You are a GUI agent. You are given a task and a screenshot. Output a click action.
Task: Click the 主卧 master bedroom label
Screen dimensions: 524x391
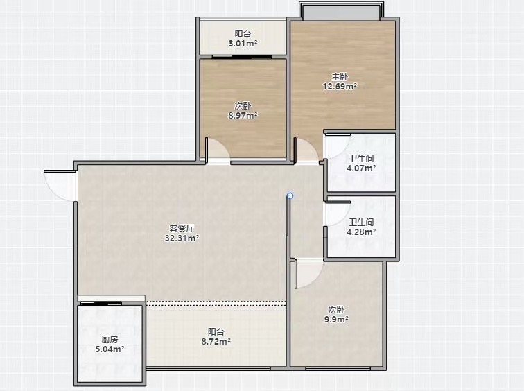point(340,76)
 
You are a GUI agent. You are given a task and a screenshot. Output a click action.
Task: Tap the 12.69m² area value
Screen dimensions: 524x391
point(340,86)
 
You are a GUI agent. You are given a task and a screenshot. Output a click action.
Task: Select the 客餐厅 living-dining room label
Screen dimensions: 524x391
point(182,229)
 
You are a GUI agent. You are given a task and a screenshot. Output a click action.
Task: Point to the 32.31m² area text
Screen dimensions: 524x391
point(182,238)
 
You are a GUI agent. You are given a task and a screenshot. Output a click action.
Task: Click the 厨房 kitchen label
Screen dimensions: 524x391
point(110,340)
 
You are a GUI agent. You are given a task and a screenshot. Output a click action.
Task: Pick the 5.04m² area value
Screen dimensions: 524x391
point(110,349)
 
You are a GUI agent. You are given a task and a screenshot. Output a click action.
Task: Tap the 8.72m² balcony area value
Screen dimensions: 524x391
point(216,342)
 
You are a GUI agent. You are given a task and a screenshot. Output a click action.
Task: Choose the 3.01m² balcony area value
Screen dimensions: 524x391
point(243,44)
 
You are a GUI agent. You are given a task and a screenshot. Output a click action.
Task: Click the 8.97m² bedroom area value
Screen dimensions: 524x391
point(243,116)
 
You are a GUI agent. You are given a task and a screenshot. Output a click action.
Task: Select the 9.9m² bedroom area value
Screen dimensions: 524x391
point(336,319)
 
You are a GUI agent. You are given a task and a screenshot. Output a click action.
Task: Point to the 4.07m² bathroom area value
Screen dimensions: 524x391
point(361,168)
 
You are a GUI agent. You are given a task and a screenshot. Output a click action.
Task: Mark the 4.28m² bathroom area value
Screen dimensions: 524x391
point(361,232)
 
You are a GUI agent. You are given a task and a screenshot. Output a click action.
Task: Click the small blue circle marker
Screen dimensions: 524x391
point(290,195)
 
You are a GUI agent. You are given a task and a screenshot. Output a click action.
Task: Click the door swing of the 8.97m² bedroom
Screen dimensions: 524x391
point(218,150)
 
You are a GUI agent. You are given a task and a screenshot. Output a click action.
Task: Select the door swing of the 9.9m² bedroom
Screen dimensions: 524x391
point(309,275)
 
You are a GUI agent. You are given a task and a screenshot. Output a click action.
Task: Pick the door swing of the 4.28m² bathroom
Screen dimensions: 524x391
point(338,214)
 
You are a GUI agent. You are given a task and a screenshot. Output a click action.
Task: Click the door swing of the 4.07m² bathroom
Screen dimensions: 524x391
point(338,146)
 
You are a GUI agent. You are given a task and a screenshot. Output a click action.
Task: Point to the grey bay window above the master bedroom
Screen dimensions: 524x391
point(341,11)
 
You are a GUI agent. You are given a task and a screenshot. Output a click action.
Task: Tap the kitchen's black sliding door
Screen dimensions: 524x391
point(101,304)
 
